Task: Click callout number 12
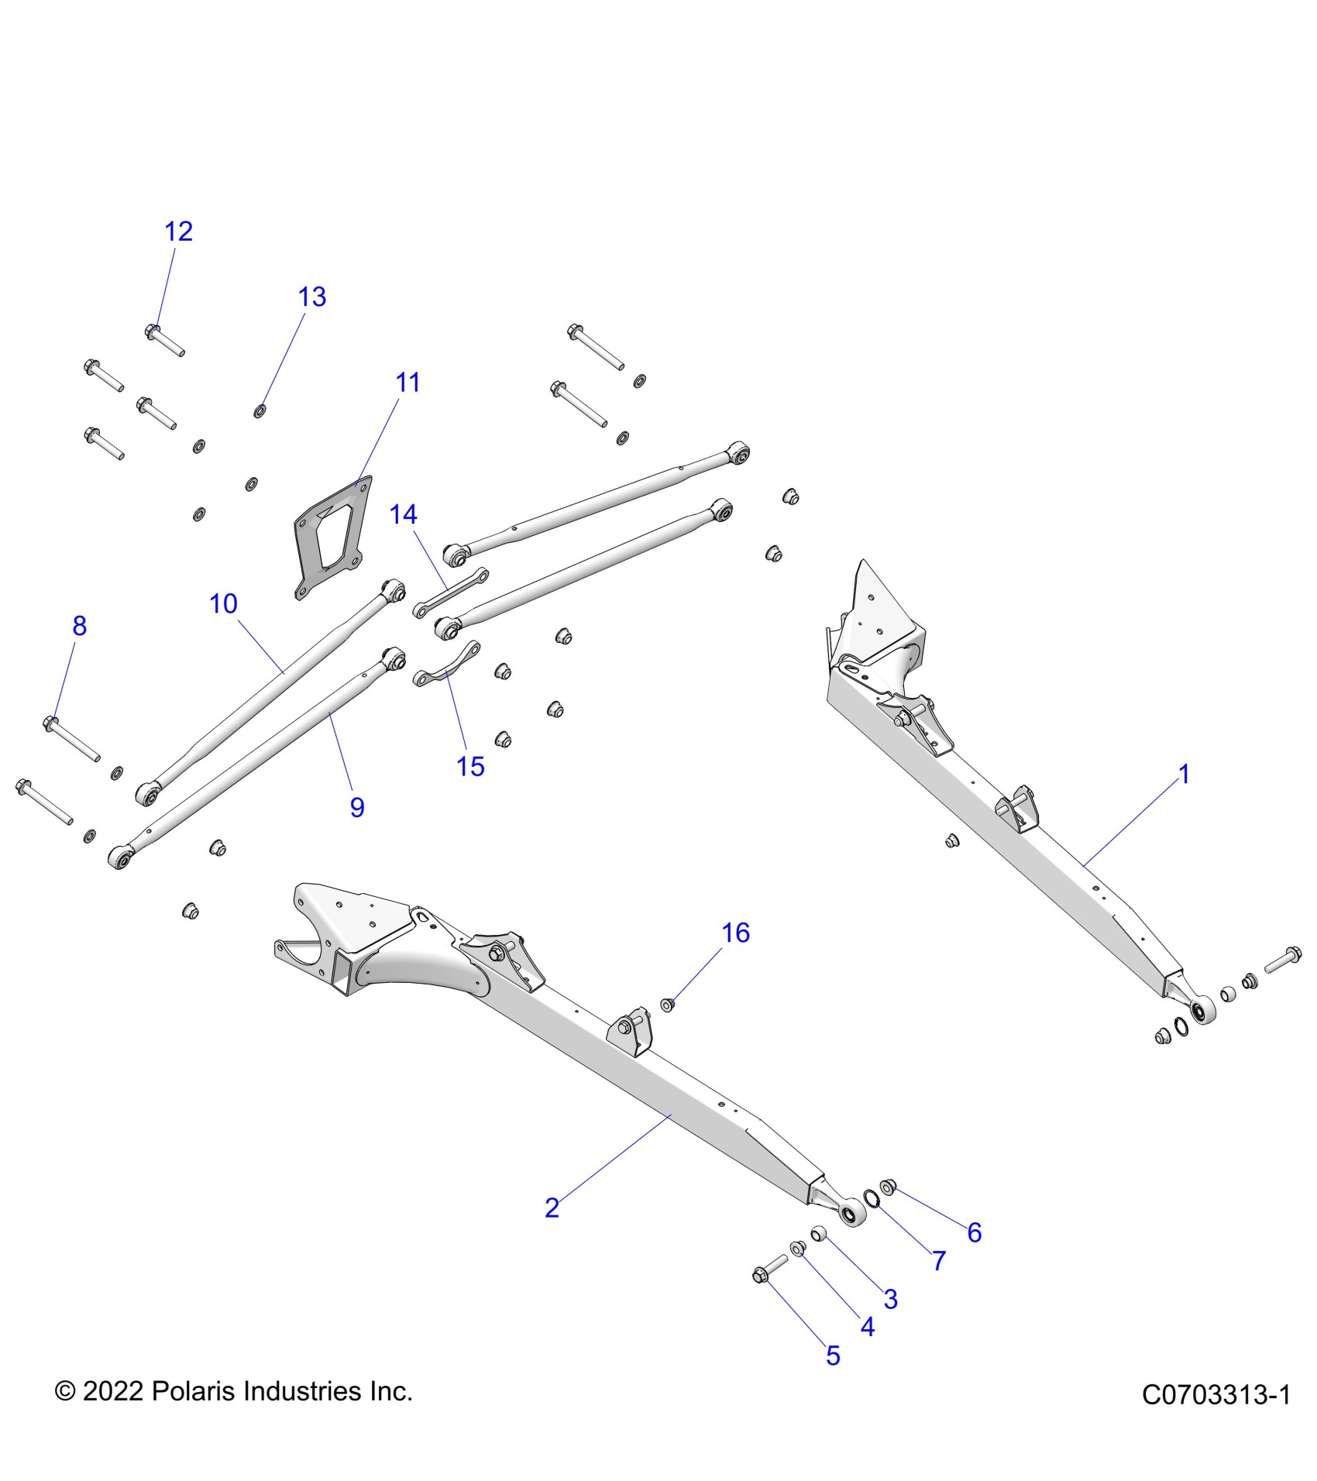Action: (178, 231)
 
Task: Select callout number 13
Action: (312, 297)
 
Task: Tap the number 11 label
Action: (407, 382)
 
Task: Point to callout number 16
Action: (735, 933)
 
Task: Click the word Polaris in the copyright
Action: (194, 1391)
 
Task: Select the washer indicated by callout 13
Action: (260, 411)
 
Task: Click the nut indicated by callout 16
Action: (667, 1005)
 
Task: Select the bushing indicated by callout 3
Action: (819, 1233)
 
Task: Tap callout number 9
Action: (357, 807)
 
